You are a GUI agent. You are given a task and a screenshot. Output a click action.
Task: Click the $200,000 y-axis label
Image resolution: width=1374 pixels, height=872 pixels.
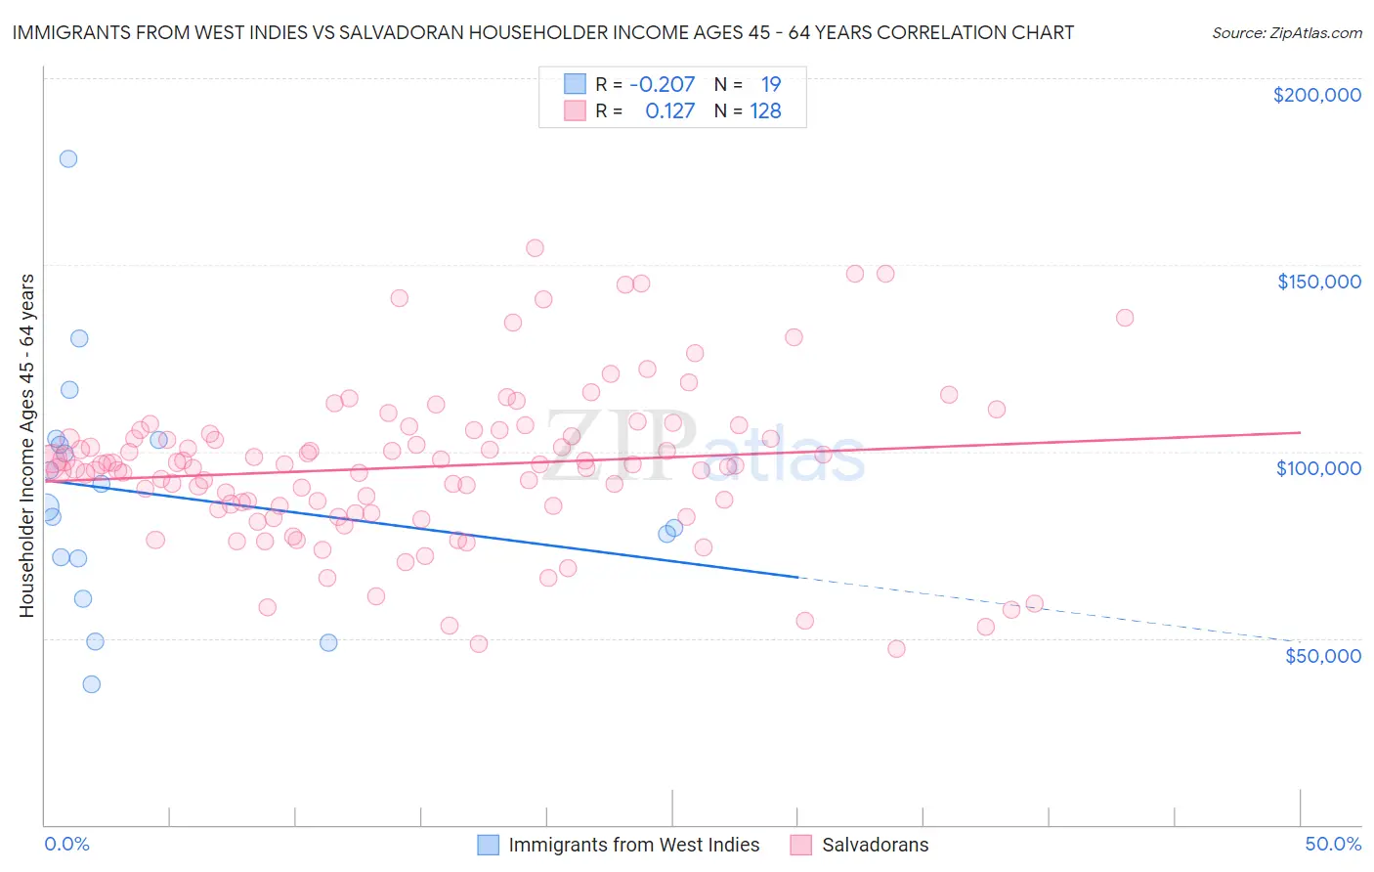pos(1316,95)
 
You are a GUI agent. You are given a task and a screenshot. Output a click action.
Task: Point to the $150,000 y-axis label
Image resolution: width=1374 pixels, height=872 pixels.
pos(1318,282)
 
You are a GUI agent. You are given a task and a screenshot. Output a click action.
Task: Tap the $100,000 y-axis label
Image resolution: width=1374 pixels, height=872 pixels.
pos(1318,468)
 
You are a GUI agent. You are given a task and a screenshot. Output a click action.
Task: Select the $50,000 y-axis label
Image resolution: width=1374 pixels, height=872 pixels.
pos(1322,655)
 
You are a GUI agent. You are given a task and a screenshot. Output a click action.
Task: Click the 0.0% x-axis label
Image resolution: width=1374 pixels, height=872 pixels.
pos(67,844)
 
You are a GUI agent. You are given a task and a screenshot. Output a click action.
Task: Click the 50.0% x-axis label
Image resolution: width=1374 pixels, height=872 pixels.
pos(1333,844)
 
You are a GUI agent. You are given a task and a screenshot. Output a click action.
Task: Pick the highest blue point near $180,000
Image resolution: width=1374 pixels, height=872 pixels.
pos(68,158)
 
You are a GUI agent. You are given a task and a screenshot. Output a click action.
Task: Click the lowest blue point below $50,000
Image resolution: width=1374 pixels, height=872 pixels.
pos(92,684)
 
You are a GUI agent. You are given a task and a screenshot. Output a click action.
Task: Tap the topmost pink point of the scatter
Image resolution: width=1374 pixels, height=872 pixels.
pos(535,248)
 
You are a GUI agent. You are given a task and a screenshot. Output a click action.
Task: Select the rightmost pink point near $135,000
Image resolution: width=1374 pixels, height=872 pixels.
pos(1125,318)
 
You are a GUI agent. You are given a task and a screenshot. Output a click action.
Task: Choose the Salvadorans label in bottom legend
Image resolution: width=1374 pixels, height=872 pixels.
pos(875,845)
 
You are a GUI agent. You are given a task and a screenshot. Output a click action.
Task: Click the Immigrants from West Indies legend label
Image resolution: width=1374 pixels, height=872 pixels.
pos(633,845)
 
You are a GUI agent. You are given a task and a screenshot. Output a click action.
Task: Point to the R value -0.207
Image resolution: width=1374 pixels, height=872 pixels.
pos(662,84)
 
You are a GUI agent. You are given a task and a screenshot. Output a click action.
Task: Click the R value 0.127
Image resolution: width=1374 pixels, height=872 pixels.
pos(669,111)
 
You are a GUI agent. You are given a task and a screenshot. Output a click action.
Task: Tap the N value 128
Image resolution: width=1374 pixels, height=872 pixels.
pos(765,111)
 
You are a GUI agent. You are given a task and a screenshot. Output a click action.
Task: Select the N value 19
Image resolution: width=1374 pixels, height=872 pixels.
pos(770,84)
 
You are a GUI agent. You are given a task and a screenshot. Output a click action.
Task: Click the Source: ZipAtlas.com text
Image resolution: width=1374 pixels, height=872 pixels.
pos(1286,33)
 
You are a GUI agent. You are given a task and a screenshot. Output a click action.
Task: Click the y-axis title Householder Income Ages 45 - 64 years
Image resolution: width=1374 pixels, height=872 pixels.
pos(27,445)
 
